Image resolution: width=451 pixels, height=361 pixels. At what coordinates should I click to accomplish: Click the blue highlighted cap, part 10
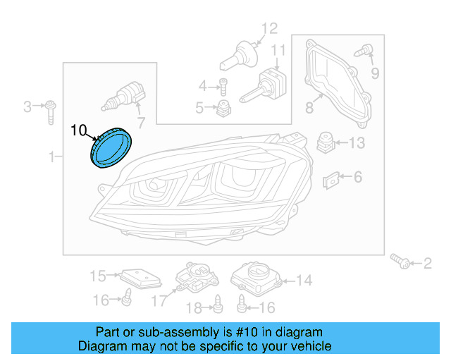[111, 147]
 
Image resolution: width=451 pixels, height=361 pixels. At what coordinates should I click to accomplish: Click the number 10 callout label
[79, 130]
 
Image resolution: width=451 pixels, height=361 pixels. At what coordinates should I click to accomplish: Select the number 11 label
[279, 51]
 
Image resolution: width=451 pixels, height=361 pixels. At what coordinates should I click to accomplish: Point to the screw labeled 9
[366, 51]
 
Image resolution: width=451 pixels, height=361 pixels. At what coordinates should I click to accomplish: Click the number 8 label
[309, 108]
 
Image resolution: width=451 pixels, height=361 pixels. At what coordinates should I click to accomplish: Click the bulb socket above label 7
[127, 94]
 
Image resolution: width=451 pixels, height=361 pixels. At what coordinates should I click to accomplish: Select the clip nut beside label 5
[224, 108]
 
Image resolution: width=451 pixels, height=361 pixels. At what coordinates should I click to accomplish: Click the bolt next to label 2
[402, 262]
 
